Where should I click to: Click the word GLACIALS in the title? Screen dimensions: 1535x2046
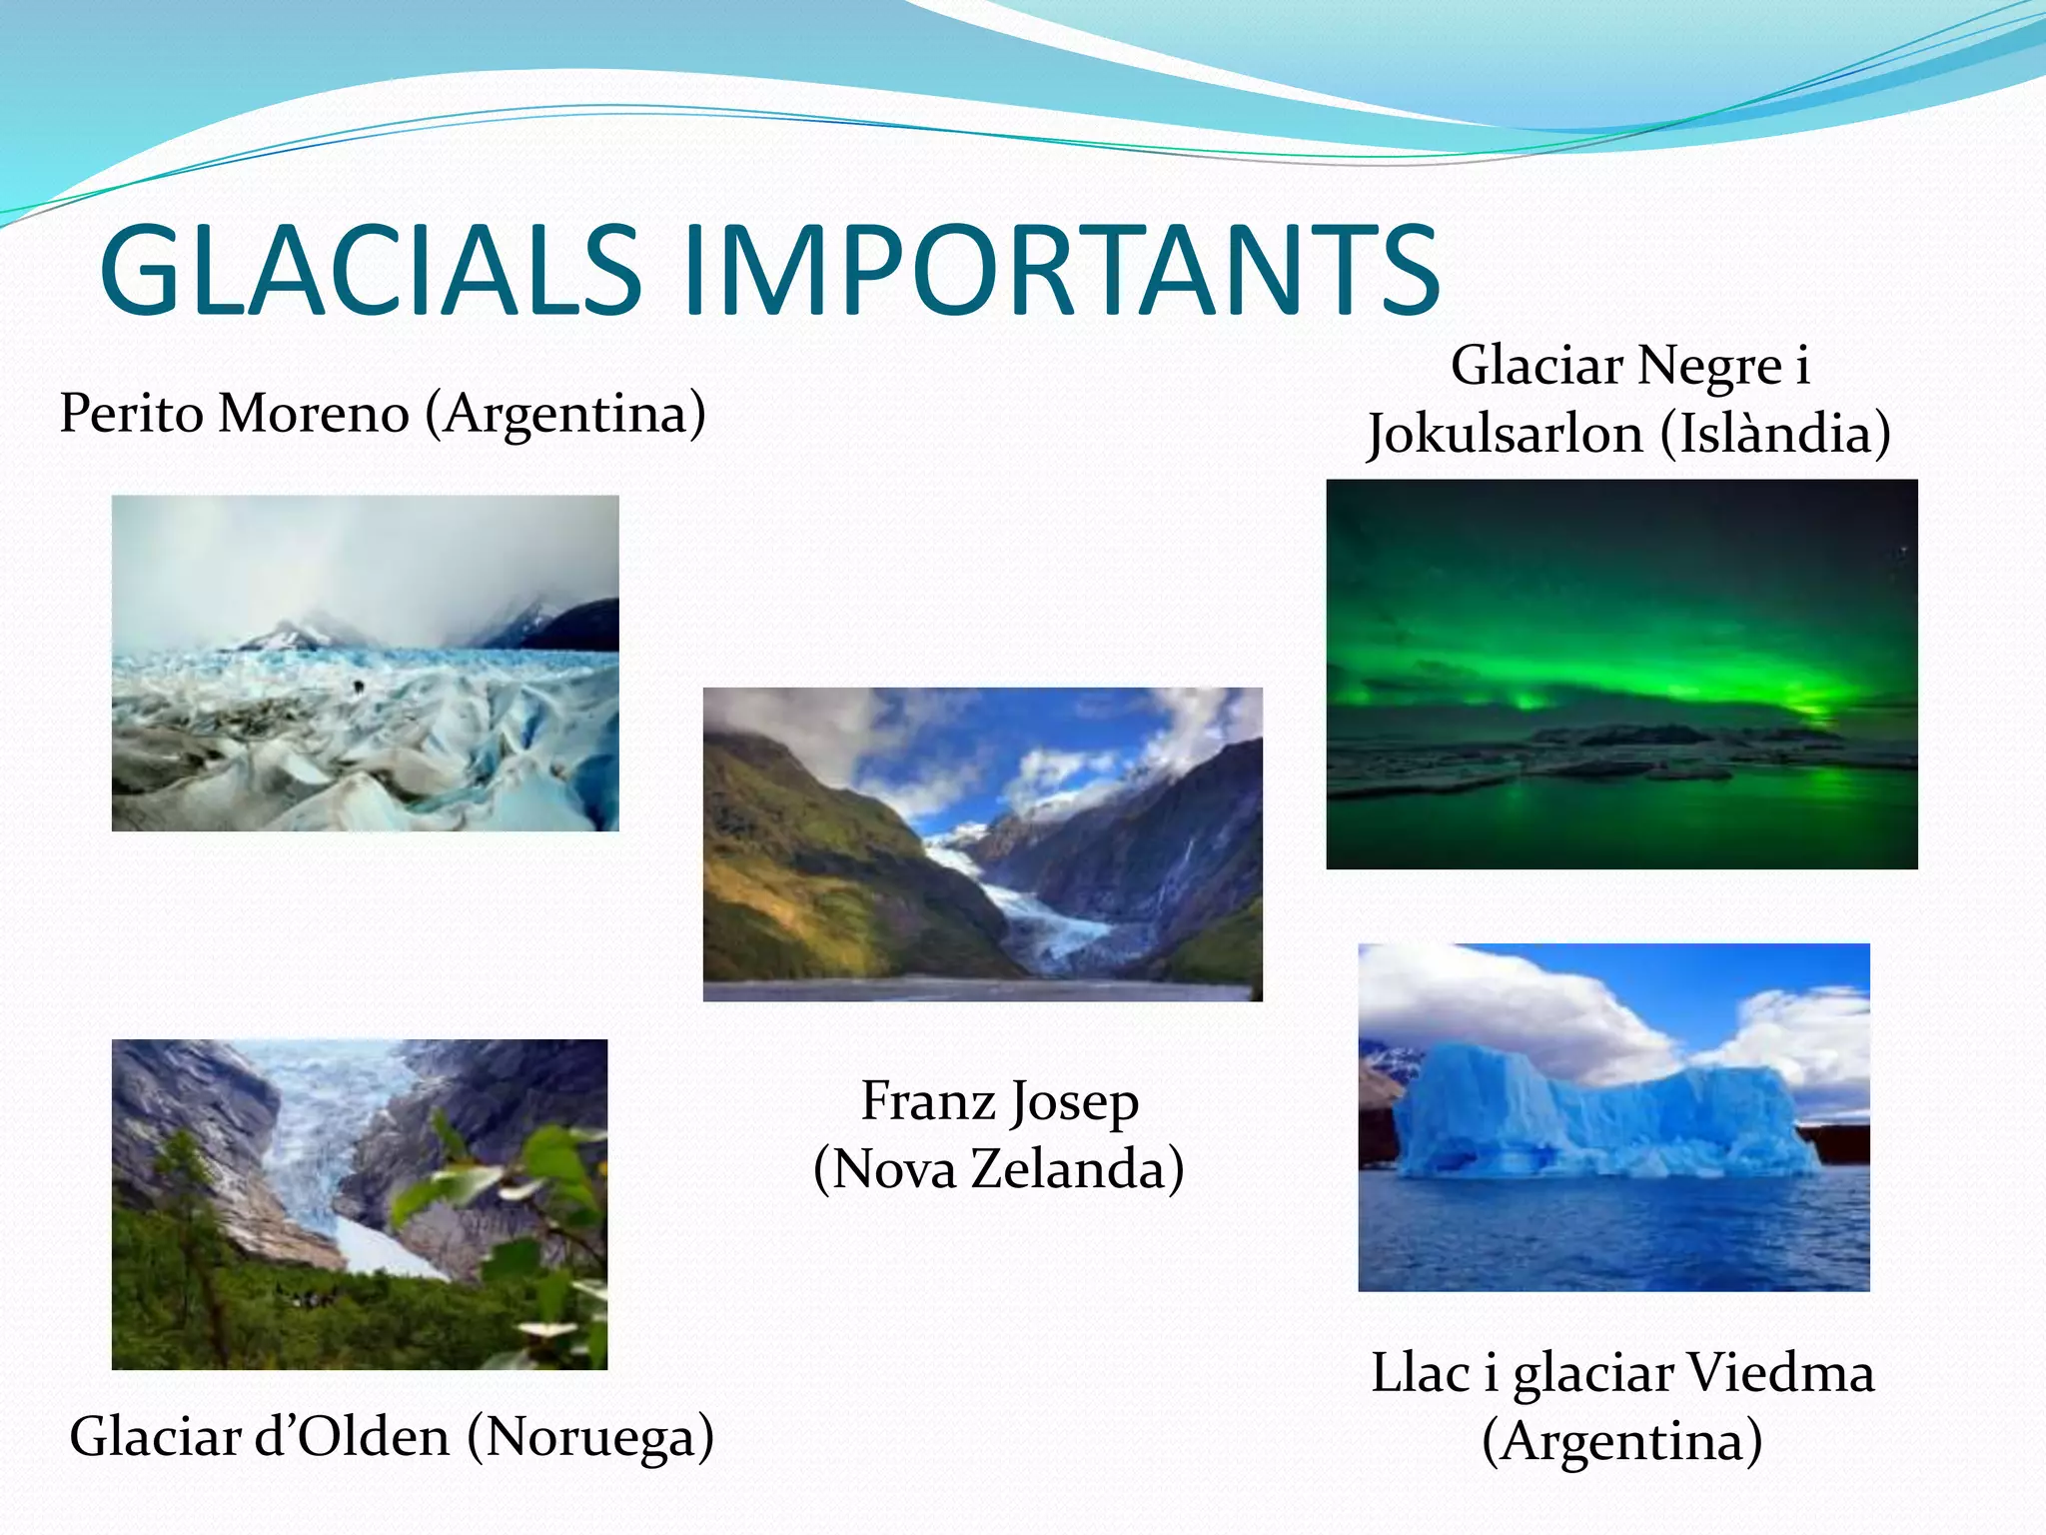coord(370,270)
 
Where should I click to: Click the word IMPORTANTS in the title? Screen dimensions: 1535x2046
coord(1062,270)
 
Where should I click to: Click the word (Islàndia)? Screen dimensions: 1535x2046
coord(1775,435)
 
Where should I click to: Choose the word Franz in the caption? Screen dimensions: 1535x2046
coord(928,1101)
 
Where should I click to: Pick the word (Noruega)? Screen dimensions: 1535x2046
coord(590,1437)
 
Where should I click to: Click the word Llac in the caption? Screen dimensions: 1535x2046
coord(1419,1373)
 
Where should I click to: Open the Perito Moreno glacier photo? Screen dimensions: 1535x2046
coord(365,663)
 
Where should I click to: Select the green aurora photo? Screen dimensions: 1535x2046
coord(1621,674)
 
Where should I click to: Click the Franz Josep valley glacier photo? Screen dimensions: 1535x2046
coord(982,843)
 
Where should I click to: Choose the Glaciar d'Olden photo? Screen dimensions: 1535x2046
coord(359,1203)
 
